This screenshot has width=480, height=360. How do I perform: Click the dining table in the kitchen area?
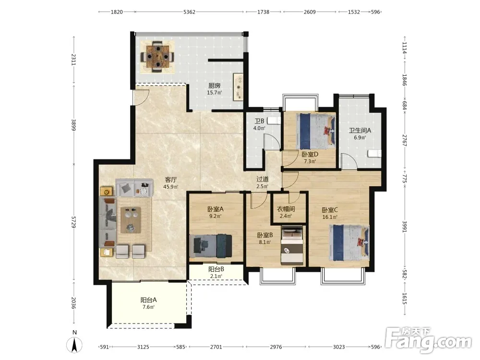(157, 56)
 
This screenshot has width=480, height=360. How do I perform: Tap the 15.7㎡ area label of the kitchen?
(214, 93)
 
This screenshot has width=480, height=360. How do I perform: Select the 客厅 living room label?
(171, 180)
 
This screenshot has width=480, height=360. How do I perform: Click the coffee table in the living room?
(131, 220)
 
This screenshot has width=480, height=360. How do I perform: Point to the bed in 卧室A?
(210, 245)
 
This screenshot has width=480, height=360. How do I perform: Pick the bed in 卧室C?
(349, 243)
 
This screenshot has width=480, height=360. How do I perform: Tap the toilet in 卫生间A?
(374, 154)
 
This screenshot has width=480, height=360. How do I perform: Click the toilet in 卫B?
(274, 120)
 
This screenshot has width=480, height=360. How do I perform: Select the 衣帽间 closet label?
(286, 209)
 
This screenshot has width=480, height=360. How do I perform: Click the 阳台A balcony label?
(148, 300)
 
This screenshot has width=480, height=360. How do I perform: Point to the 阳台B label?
(216, 269)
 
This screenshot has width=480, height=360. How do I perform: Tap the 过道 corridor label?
(263, 180)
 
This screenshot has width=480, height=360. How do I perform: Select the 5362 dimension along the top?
(189, 12)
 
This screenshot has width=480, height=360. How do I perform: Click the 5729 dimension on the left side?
(73, 222)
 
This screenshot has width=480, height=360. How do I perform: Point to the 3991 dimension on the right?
(404, 227)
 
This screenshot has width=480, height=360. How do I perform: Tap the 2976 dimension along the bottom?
(276, 347)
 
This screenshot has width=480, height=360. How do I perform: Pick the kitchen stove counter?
(238, 86)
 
